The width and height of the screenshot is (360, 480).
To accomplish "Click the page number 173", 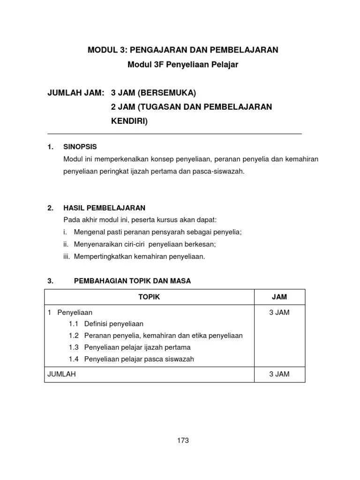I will coord(183,440).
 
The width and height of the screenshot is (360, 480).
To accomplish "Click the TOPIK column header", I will coord(149,297).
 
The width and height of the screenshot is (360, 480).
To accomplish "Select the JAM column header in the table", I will coord(279,297).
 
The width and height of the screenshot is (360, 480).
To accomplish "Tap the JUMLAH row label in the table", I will coord(62,374).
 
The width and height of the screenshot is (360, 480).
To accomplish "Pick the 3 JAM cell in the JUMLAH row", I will coord(279,374).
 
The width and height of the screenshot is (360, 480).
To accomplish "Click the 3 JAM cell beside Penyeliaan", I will coord(279,312).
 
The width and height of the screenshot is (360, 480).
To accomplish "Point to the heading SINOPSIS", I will coord(80,147).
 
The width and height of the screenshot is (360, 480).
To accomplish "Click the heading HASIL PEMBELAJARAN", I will coord(104,208).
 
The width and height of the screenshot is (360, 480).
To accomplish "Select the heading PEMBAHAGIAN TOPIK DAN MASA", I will coord(133,281).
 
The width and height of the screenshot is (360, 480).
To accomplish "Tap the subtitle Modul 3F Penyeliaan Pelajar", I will coord(183,65).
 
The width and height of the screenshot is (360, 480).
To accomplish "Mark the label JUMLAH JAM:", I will coord(75,93).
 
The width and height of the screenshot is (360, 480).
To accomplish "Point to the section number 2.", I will coord(50,208).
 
